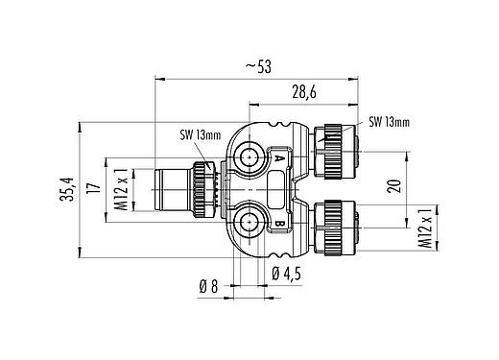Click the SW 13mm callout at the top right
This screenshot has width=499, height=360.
(390, 122)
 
